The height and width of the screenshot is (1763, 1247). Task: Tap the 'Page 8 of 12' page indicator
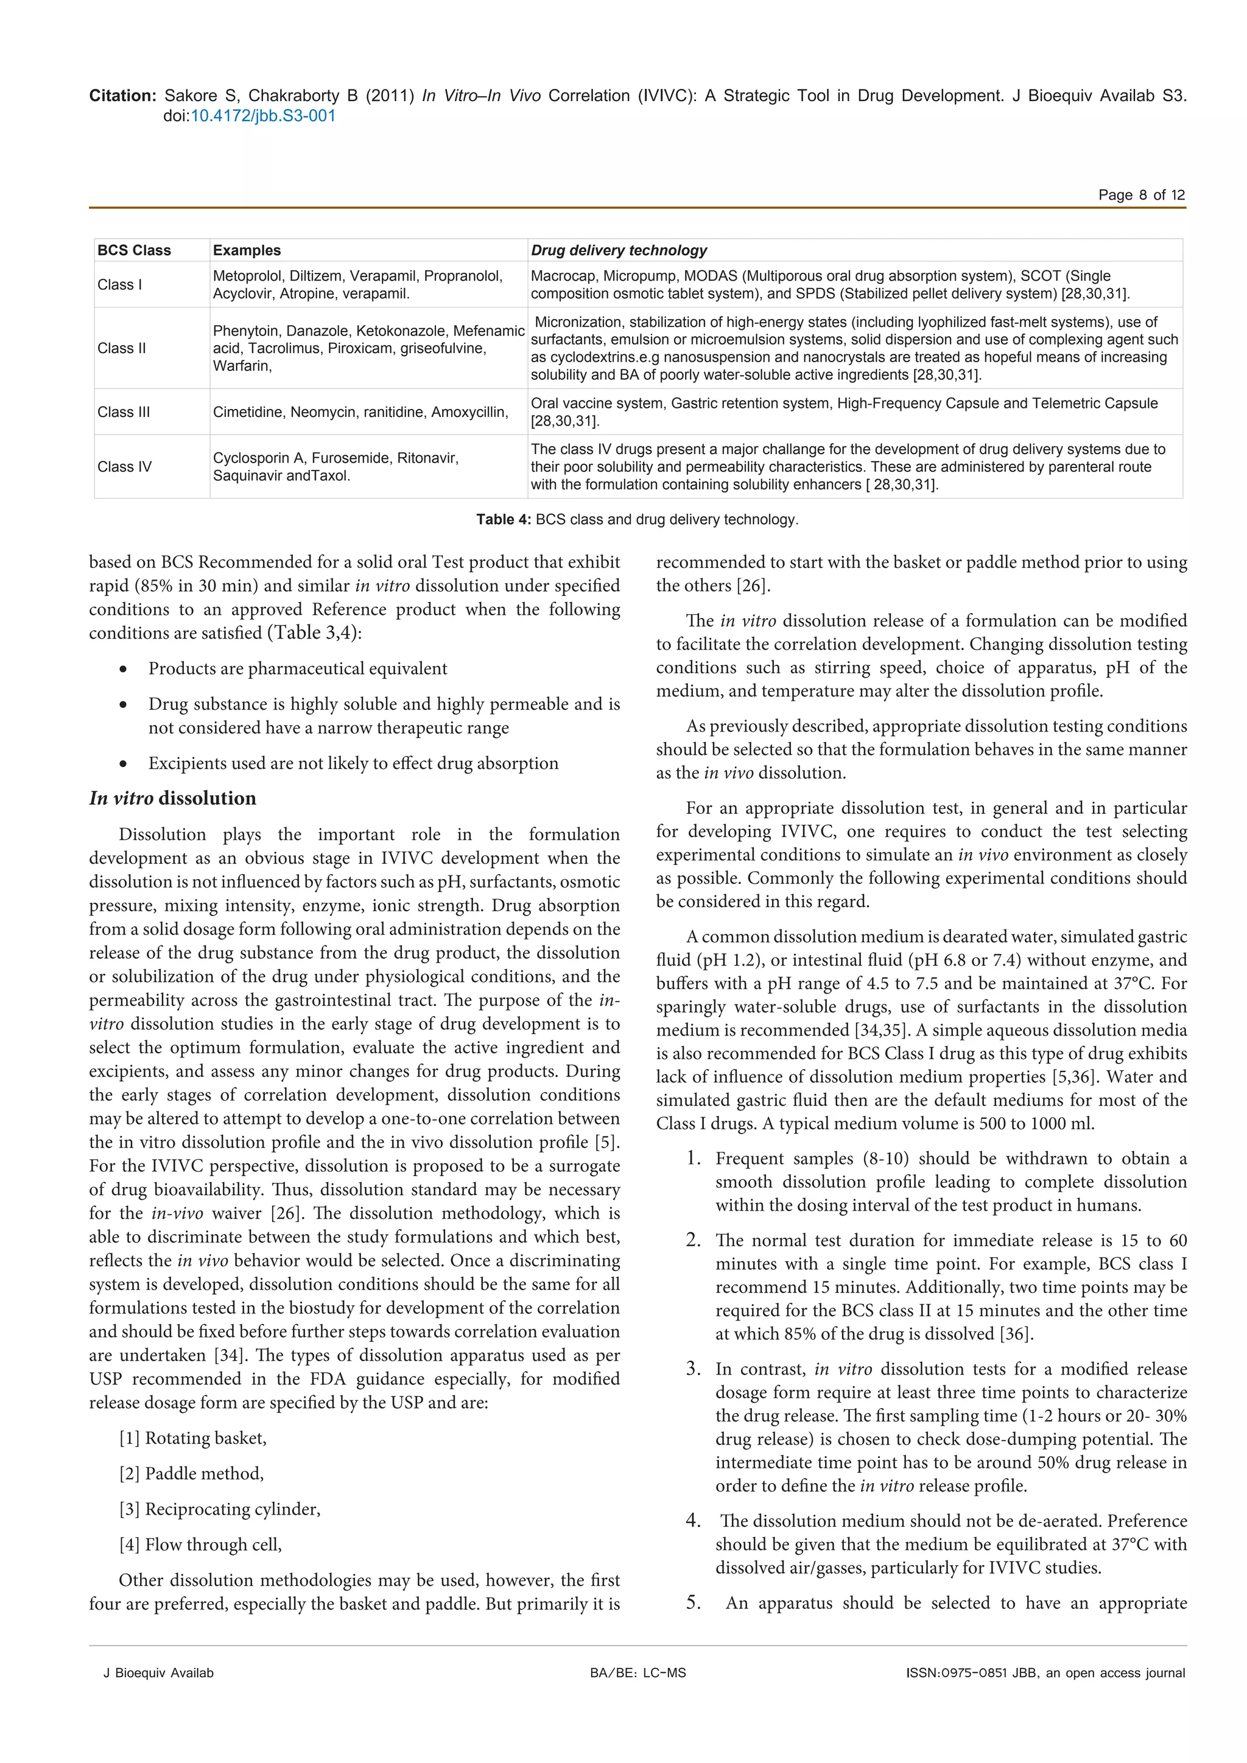click(x=1141, y=195)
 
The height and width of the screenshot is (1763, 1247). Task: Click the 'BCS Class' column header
click(x=135, y=250)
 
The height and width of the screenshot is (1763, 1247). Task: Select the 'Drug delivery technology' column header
click(x=619, y=250)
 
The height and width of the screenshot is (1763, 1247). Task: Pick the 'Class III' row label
click(x=124, y=412)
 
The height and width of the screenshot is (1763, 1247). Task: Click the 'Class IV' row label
click(x=124, y=467)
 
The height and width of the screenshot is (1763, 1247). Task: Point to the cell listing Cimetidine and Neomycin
click(x=360, y=412)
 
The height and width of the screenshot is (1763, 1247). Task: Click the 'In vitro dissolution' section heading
click(x=173, y=799)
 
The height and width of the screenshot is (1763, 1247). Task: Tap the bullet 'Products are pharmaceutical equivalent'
click(x=298, y=669)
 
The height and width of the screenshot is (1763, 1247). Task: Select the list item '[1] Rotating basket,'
click(x=193, y=1438)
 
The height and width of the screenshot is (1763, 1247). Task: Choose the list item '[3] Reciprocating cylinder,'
click(x=220, y=1510)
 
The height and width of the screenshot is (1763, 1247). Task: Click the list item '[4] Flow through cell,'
click(x=200, y=1545)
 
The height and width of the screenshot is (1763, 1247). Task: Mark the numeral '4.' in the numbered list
click(x=694, y=1521)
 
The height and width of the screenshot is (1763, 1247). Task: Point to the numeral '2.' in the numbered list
click(x=694, y=1241)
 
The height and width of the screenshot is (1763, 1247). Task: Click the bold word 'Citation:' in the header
click(x=123, y=96)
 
